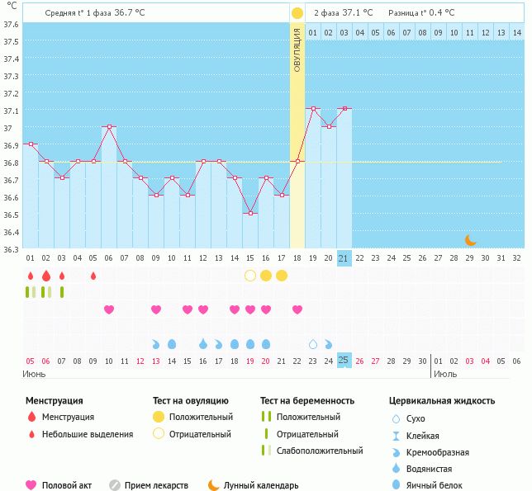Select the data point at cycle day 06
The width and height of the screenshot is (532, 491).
tap(109, 127)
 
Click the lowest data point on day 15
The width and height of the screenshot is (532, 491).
tap(250, 213)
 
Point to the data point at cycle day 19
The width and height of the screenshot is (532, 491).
tap(313, 109)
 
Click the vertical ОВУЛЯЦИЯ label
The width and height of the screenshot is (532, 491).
tap(297, 50)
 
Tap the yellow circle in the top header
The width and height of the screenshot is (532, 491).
tap(297, 13)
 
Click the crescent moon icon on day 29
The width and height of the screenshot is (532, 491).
tap(470, 240)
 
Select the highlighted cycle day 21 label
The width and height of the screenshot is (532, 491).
tap(344, 257)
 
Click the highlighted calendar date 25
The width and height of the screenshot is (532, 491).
tap(344, 360)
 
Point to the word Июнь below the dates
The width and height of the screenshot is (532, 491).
tap(35, 374)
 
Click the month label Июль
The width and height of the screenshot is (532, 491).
tap(445, 374)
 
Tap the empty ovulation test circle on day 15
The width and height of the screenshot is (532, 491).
tap(250, 276)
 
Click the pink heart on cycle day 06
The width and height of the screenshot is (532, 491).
tap(109, 309)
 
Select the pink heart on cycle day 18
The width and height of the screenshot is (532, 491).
tap(297, 309)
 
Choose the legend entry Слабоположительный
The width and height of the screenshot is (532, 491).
tap(320, 451)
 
